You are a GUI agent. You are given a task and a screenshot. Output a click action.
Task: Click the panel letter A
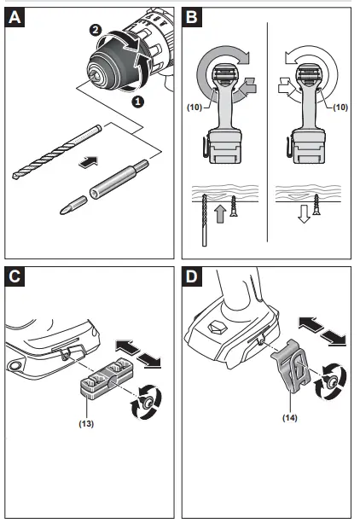[x=15, y=17]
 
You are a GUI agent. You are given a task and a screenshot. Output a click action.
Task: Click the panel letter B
[x=192, y=17]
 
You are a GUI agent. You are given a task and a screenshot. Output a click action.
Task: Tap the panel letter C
[x=15, y=276]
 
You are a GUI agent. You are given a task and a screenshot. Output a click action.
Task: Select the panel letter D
[x=192, y=276]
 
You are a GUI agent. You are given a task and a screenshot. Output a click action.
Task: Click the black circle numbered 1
[x=137, y=102]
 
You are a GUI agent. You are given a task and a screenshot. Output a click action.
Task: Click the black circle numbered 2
[x=96, y=30]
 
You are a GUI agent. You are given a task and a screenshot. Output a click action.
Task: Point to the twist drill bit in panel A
[x=56, y=152]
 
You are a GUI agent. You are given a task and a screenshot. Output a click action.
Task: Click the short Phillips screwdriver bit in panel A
[x=73, y=205]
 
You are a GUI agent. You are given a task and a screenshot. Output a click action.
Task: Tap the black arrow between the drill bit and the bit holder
[x=89, y=162]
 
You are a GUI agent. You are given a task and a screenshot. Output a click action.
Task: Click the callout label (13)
[x=86, y=423]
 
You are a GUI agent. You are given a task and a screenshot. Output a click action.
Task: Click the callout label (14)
[x=289, y=417]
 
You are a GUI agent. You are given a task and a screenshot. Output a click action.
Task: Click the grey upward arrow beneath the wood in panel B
[x=220, y=213]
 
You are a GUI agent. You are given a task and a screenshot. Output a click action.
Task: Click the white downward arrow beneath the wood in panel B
[x=304, y=213]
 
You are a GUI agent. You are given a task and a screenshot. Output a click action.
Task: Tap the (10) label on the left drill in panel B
[x=195, y=107]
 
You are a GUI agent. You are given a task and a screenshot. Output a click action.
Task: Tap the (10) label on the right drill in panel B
[x=340, y=107]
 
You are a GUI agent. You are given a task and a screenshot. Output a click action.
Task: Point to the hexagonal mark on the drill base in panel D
[x=217, y=328]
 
